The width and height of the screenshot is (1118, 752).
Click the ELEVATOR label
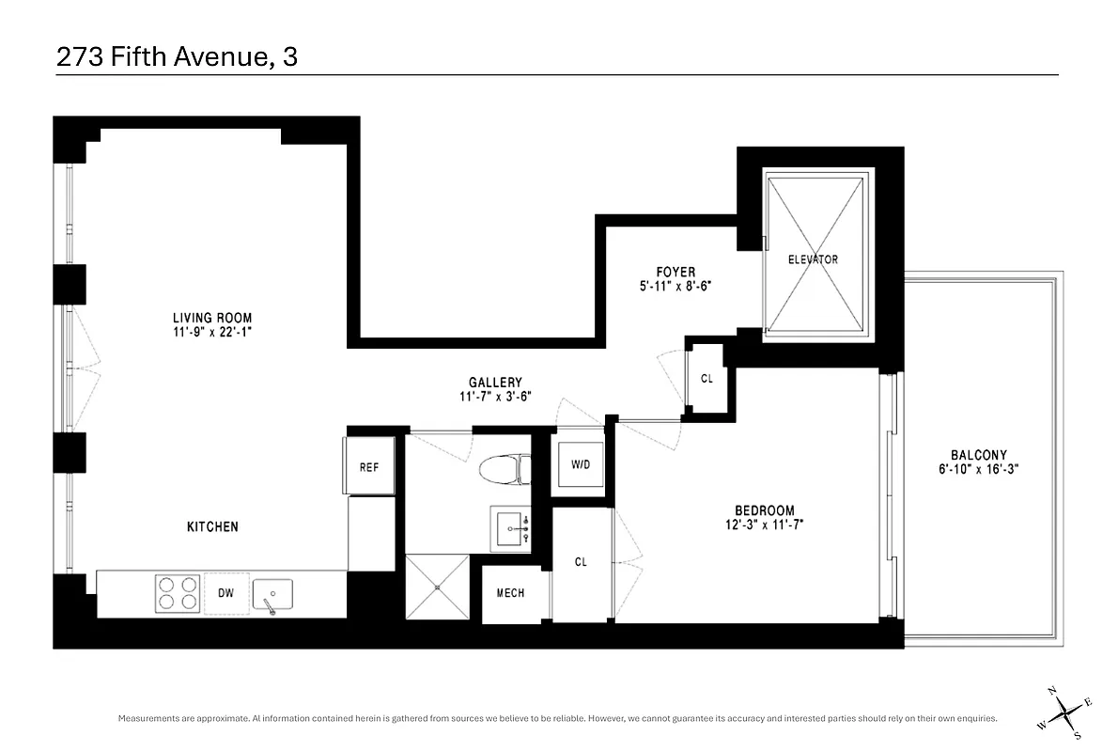click(814, 259)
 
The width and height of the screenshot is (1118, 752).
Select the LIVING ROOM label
click(212, 318)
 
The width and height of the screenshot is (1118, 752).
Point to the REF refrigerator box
click(369, 466)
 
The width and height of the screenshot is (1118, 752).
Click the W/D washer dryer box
click(581, 464)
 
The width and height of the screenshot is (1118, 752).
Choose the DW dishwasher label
click(226, 593)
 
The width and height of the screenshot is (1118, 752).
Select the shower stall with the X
click(437, 586)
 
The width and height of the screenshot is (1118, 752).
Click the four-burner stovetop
click(178, 593)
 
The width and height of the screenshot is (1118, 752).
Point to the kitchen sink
click(272, 594)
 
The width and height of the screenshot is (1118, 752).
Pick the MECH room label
click(510, 593)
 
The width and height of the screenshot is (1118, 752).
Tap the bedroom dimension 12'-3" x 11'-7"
click(757, 525)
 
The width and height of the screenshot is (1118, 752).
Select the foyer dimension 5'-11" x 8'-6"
click(676, 288)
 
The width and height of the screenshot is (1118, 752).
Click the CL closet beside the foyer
click(707, 379)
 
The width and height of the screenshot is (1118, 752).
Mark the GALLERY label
click(495, 383)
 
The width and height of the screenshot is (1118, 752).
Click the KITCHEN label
click(211, 527)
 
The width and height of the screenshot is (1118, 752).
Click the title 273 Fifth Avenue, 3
click(177, 57)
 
